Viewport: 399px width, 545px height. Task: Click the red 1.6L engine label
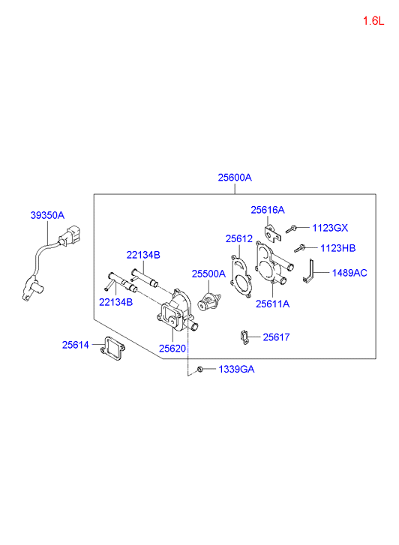[373, 21]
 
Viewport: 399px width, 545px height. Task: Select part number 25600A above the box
[235, 178]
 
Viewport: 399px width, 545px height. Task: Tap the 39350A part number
[47, 215]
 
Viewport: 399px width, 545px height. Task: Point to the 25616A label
[268, 210]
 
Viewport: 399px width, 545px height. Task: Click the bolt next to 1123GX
[290, 229]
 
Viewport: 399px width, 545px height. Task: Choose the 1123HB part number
[337, 248]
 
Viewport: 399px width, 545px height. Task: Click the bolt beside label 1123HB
[299, 249]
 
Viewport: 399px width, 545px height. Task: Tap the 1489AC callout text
[349, 273]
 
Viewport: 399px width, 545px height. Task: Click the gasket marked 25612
[241, 277]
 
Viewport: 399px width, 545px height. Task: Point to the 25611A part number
[272, 304]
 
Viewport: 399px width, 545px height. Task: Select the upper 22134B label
[143, 255]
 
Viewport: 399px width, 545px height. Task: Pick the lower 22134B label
[115, 302]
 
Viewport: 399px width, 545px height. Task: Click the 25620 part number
[172, 349]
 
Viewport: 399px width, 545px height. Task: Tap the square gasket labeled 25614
[112, 349]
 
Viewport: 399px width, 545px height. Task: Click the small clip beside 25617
[244, 337]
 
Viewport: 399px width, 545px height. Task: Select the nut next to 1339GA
[200, 369]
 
